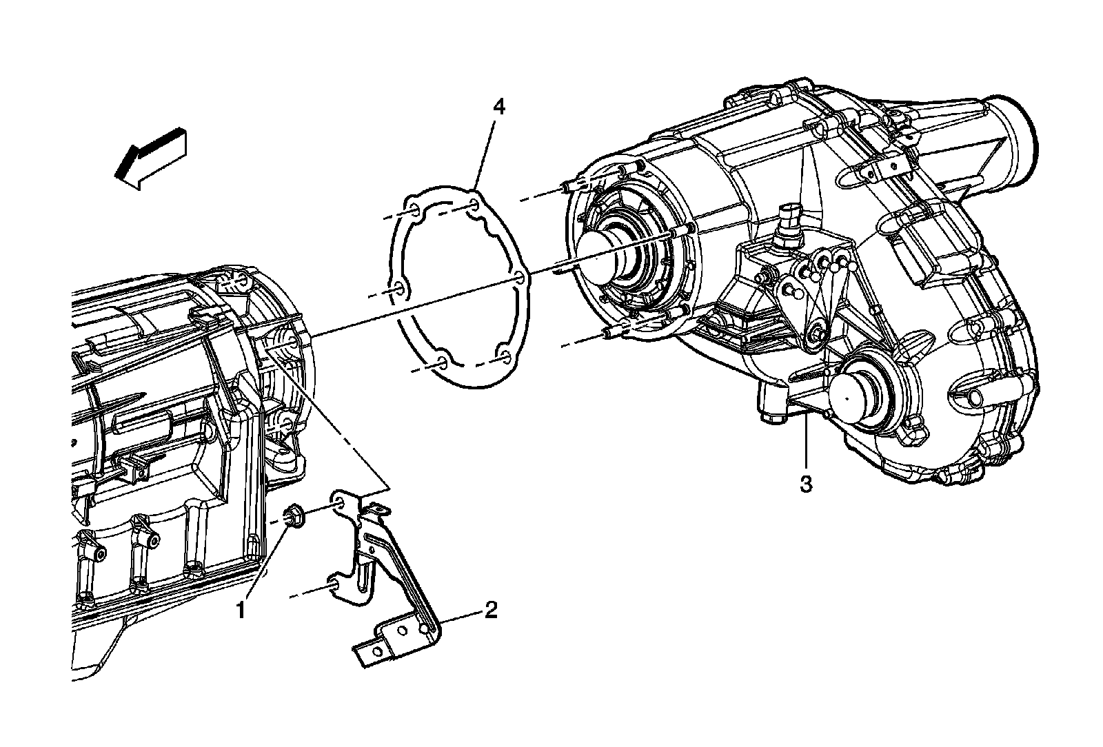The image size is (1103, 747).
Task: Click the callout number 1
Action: (x=241, y=611)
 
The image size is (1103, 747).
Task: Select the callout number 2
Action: (x=490, y=609)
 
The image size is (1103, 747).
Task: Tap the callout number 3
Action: (x=806, y=483)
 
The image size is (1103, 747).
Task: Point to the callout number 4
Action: (x=498, y=107)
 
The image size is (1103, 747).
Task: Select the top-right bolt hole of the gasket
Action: (x=474, y=205)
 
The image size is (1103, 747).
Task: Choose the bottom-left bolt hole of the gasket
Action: (x=441, y=362)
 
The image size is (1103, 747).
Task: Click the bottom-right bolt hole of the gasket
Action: (x=505, y=356)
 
